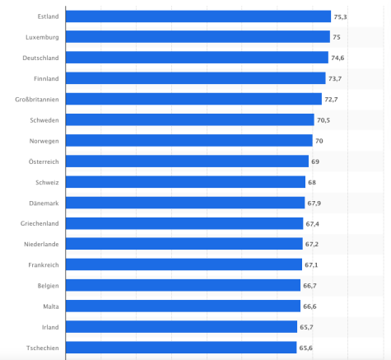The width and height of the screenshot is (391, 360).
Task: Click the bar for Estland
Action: pyautogui.click(x=198, y=16)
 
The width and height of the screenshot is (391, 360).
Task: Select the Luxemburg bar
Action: pyautogui.click(x=198, y=37)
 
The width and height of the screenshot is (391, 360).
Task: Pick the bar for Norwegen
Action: pyautogui.click(x=189, y=140)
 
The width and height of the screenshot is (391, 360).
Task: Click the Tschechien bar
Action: pyautogui.click(x=180, y=347)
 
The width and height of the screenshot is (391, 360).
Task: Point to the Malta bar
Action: pyautogui.click(x=182, y=306)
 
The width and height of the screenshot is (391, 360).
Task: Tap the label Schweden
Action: pyautogui.click(x=43, y=119)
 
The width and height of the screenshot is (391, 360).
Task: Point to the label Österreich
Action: pyautogui.click(x=42, y=161)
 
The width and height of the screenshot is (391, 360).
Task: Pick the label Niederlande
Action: pyautogui.click(x=40, y=244)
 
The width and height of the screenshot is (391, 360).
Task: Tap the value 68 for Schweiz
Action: pyautogui.click(x=312, y=182)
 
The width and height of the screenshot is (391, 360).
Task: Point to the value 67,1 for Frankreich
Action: pyautogui.click(x=313, y=264)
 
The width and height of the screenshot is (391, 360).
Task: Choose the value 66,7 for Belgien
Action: pyautogui.click(x=310, y=285)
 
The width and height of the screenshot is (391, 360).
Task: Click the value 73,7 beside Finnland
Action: pyautogui.click(x=336, y=78)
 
